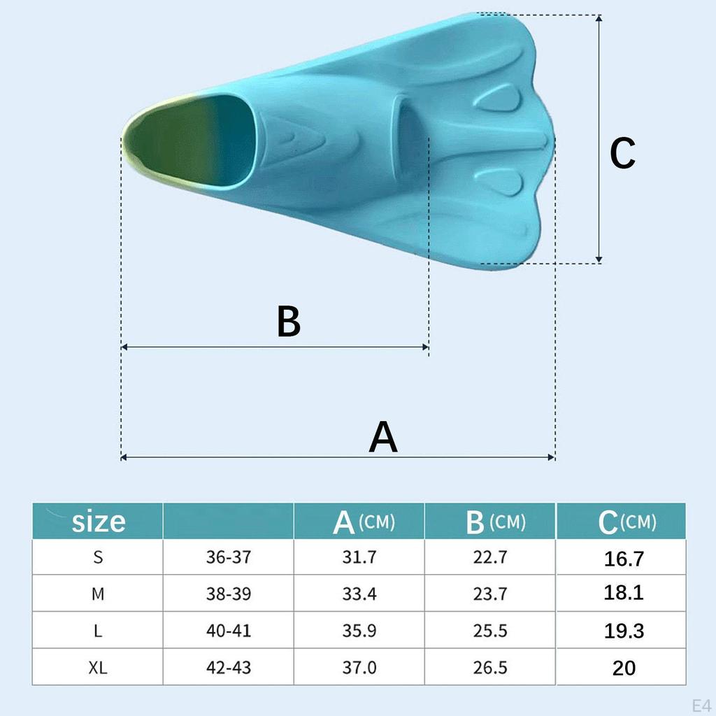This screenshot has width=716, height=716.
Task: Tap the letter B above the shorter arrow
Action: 288,322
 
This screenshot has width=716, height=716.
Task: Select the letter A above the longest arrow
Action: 383,438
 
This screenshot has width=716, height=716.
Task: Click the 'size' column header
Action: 99,521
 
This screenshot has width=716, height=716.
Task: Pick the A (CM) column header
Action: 363,522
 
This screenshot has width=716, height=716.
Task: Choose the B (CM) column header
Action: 494,522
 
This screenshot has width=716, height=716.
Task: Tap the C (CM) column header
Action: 626,522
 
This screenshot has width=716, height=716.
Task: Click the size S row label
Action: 98,557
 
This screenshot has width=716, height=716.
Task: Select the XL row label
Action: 98,668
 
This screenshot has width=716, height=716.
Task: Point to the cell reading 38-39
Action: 228,594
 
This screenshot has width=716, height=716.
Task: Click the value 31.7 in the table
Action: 359,557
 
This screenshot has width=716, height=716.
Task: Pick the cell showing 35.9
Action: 359,631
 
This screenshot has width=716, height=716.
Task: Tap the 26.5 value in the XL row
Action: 490,668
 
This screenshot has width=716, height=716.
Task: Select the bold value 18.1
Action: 624,594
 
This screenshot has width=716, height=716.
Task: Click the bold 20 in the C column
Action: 624,668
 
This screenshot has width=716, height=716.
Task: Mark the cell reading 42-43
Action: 228,668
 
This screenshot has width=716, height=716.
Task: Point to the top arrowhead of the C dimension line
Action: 599,18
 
